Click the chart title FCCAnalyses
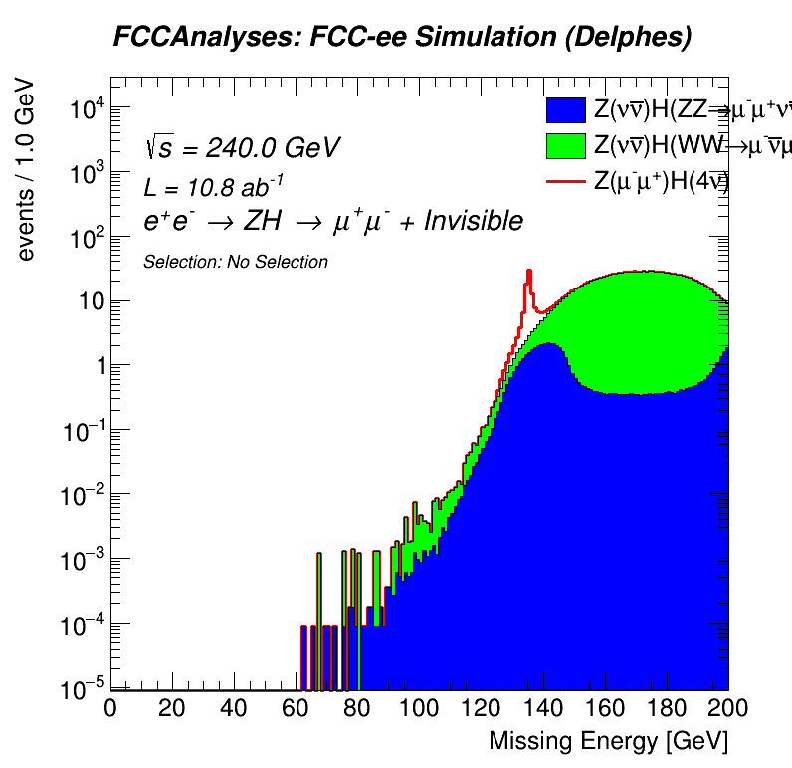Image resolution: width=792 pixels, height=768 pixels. (402, 37)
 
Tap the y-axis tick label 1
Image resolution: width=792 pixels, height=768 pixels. (97, 367)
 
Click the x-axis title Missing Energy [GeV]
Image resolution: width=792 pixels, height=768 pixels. (608, 741)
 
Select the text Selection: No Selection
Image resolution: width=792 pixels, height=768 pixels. (236, 262)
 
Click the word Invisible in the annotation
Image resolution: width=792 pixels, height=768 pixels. (473, 221)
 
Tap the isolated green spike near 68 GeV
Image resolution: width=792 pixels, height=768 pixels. (319, 597)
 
